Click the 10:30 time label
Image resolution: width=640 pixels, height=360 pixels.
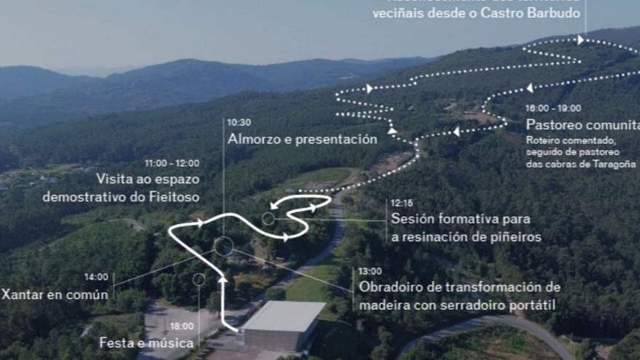pyautogui.click(x=239, y=123)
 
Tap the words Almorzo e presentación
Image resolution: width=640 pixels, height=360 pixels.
pyautogui.click(x=302, y=139)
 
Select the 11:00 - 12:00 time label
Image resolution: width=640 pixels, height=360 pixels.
pyautogui.click(x=172, y=164)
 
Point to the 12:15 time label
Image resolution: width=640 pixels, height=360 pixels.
pyautogui.click(x=401, y=203)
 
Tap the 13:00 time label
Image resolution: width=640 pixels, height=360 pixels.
pyautogui.click(x=369, y=271)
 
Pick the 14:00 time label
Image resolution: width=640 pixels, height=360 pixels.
pyautogui.click(x=96, y=277)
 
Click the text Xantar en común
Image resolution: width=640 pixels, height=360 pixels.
pyautogui.click(x=55, y=295)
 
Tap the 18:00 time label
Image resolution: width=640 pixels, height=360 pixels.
pyautogui.click(x=181, y=327)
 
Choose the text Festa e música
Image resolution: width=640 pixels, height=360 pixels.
pyautogui.click(x=146, y=343)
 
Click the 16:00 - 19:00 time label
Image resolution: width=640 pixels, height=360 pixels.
pyautogui.click(x=553, y=108)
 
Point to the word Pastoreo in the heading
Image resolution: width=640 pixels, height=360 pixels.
pyautogui.click(x=554, y=124)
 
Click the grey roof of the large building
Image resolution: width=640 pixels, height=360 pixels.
pyautogui.click(x=284, y=316)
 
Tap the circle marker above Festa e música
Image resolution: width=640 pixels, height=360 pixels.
pyautogui.click(x=199, y=279)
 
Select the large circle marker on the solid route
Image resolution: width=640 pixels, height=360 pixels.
pyautogui.click(x=224, y=246)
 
